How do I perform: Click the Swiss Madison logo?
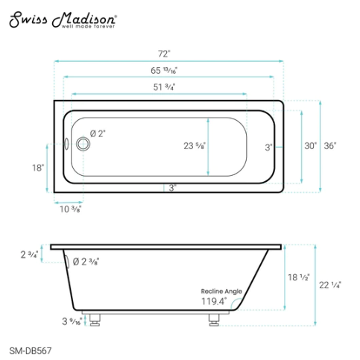click(63, 20)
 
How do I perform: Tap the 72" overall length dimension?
click(164, 54)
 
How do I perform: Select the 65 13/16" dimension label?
click(164, 71)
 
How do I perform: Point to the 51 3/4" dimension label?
click(164, 87)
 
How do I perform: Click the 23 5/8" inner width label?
click(195, 146)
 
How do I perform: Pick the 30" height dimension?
click(310, 145)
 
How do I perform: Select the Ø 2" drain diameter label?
click(98, 133)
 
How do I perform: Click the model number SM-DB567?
click(30, 347)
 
